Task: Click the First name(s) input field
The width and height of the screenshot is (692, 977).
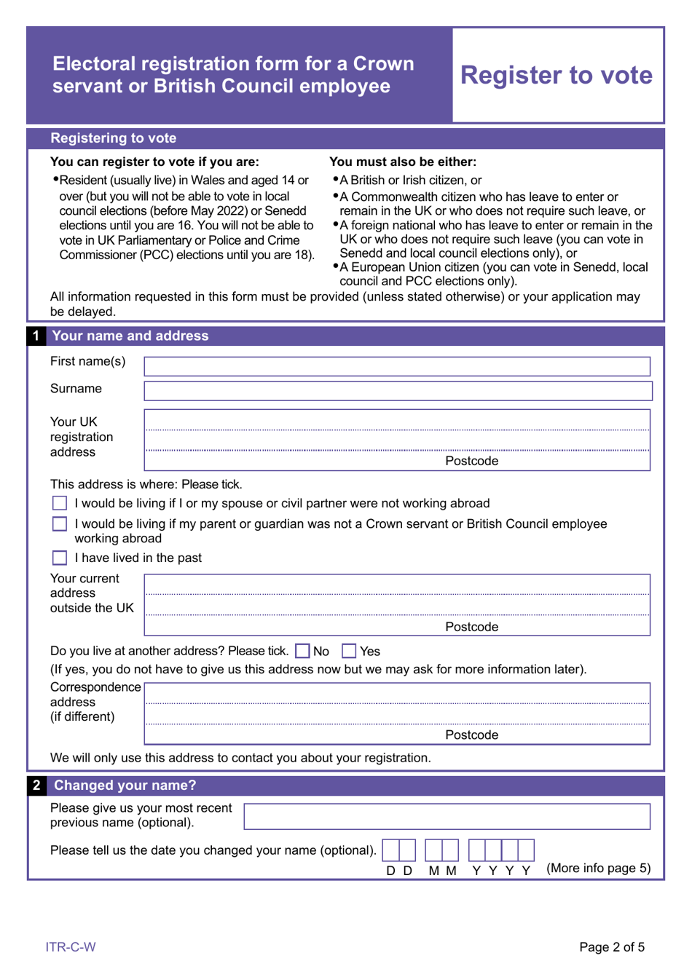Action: [x=397, y=366]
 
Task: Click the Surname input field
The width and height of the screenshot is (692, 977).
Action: [x=398, y=391]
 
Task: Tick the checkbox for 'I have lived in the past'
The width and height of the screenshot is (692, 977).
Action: [x=60, y=558]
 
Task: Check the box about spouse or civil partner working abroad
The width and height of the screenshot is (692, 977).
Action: [x=60, y=503]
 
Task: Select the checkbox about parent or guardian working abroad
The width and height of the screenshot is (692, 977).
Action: [x=60, y=523]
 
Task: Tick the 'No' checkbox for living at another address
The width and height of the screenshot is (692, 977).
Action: [x=303, y=651]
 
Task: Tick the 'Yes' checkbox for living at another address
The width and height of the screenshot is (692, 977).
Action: [x=349, y=651]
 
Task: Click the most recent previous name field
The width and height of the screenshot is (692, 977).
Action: [x=447, y=816]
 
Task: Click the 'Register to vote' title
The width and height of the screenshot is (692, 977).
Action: [x=557, y=75]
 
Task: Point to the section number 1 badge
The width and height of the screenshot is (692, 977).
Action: [x=36, y=336]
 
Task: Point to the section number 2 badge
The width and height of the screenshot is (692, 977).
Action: [x=36, y=785]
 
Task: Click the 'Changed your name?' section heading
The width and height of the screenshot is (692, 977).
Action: [x=125, y=785]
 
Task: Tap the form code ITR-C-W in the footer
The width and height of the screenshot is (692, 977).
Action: [x=71, y=946]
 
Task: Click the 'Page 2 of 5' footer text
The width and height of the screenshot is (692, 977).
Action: [x=611, y=946]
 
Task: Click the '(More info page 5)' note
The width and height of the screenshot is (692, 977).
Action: [x=598, y=868]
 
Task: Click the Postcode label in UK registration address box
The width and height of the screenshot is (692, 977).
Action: [x=471, y=461]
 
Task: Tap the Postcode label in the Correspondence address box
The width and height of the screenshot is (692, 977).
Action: [x=471, y=735]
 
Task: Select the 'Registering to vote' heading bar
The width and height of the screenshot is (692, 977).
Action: [x=114, y=138]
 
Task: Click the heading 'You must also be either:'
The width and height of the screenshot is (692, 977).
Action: [x=403, y=162]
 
